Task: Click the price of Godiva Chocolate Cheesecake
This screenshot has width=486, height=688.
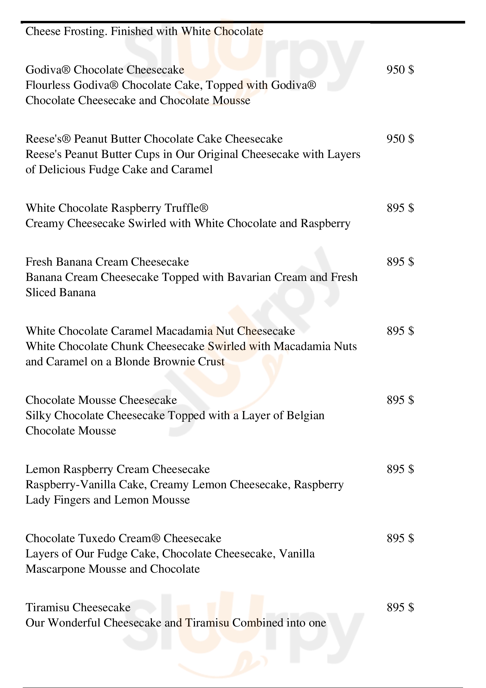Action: click(400, 70)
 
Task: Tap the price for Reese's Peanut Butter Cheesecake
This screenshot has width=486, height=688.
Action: click(400, 139)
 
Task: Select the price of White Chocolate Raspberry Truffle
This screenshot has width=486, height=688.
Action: click(400, 208)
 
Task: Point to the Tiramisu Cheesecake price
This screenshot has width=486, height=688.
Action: click(400, 607)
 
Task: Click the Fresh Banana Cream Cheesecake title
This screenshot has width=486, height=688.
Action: click(107, 262)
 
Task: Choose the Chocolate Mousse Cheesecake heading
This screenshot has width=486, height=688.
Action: click(101, 400)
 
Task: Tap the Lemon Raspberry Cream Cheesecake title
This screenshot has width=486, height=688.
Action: click(118, 469)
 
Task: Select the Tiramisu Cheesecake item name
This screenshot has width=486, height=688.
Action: click(78, 607)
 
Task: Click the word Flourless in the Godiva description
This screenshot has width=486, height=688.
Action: click(48, 85)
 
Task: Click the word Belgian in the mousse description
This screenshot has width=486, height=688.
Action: click(305, 416)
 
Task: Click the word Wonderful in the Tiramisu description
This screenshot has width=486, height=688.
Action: click(74, 623)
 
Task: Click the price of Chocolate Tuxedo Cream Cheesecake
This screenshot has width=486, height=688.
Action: click(400, 539)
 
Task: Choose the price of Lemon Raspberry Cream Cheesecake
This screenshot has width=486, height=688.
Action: click(400, 469)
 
